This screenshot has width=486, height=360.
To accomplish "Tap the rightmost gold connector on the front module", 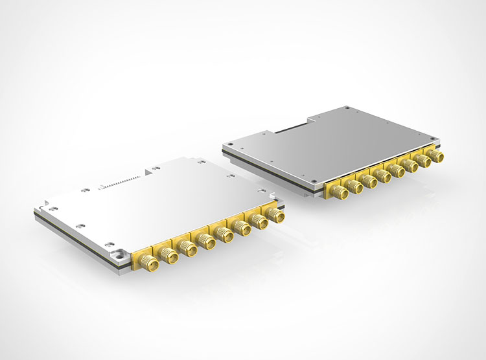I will (277, 215).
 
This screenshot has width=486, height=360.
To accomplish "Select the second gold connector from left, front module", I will (170, 256).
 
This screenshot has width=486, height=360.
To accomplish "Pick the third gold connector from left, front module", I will (189, 249).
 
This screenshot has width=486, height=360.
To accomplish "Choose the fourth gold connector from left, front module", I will (207, 242).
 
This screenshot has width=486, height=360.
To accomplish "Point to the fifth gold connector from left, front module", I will (226, 234).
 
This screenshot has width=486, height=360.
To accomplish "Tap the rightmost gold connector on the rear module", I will (439, 157).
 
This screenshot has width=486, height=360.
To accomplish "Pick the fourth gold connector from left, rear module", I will (385, 176).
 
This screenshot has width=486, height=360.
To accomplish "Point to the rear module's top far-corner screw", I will (348, 108).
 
